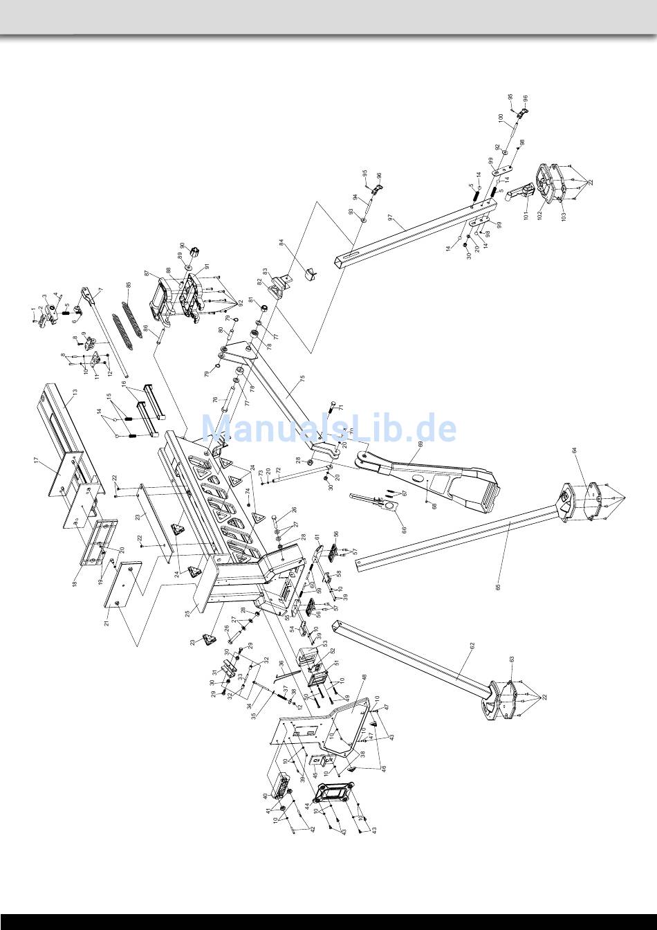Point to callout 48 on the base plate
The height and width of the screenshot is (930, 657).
(364, 679)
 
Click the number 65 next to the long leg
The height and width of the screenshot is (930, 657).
(498, 586)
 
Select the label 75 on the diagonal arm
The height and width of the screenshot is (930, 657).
(302, 380)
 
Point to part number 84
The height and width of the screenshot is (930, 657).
(281, 243)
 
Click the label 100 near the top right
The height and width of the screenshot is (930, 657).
(501, 118)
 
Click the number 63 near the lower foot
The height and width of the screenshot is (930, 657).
(512, 659)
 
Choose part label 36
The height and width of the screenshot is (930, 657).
(281, 664)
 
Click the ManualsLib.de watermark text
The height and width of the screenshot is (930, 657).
(328, 428)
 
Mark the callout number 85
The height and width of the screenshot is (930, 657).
(128, 285)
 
